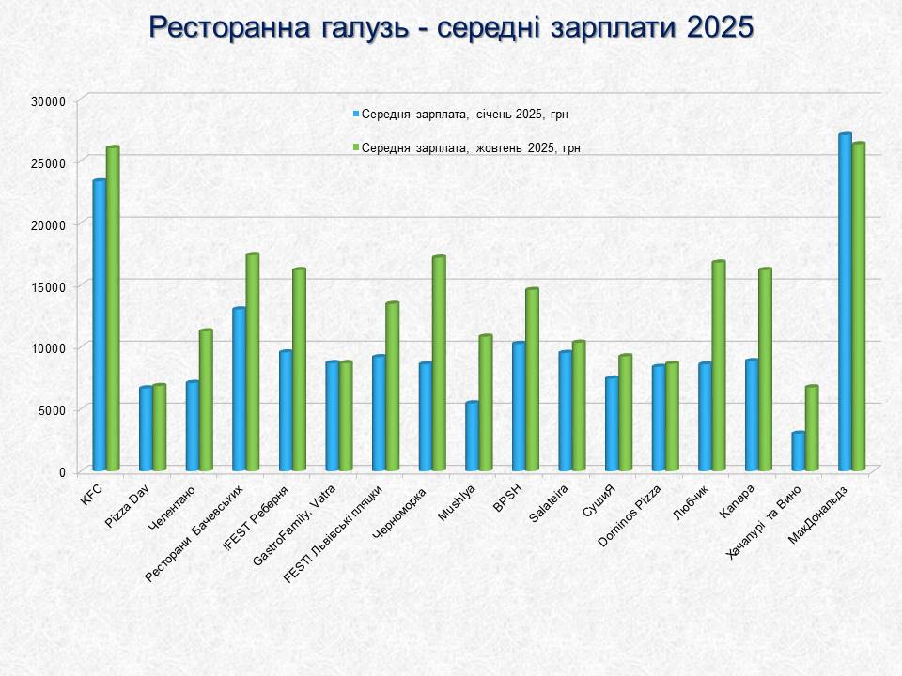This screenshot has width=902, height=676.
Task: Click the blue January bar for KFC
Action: click(x=99, y=324)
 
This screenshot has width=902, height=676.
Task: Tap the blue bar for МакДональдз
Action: click(x=845, y=301)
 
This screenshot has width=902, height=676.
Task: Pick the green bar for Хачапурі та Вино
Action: click(x=812, y=427)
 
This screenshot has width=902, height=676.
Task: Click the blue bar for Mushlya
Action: click(x=472, y=436)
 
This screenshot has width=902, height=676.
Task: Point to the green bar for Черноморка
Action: click(x=439, y=362)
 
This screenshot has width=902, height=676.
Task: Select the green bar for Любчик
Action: click(x=719, y=365)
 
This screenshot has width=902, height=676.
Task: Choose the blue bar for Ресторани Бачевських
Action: click(x=239, y=389)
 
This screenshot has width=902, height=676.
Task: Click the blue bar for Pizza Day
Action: click(x=146, y=428)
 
